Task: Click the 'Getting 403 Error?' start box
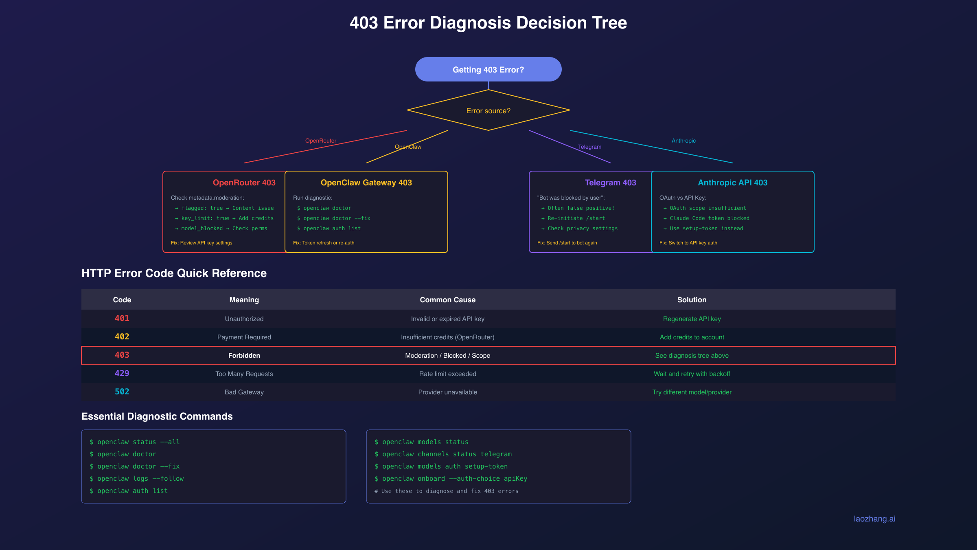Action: tap(488, 70)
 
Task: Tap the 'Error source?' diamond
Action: tap(488, 111)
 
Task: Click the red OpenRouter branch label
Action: tap(320, 141)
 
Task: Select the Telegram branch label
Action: tap(589, 147)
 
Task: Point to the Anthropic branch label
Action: tap(683, 141)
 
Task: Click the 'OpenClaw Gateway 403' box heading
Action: tap(366, 183)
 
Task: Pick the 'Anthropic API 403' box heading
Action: tap(732, 183)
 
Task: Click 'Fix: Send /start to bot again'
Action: tap(567, 243)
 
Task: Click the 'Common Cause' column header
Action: tap(447, 300)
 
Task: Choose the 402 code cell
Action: tap(122, 337)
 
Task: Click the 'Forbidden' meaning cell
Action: tap(244, 356)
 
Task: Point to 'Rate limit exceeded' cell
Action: tap(447, 374)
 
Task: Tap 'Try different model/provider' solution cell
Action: tap(692, 392)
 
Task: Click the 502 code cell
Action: tap(122, 392)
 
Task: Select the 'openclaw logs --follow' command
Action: tap(140, 479)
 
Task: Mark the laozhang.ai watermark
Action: tap(874, 519)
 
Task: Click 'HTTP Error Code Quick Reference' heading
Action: tap(174, 273)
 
